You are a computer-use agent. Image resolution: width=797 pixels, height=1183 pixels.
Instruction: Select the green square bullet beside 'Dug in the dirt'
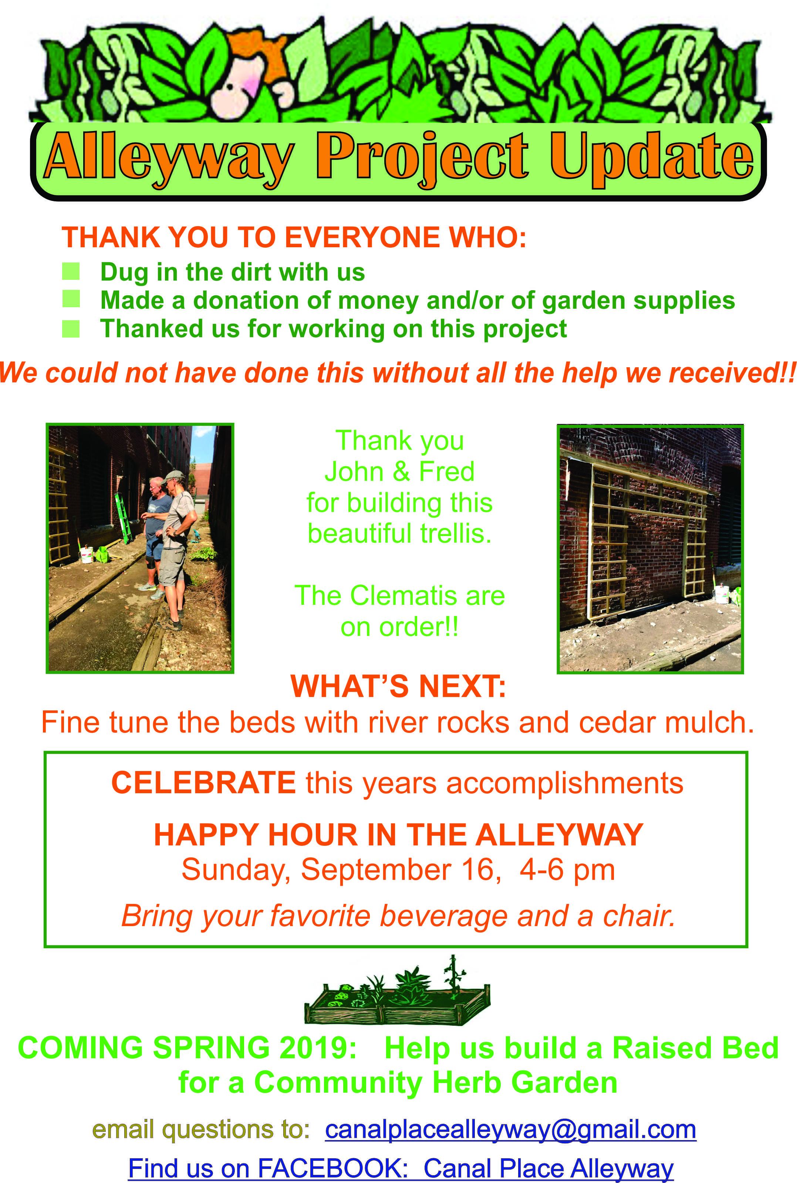(x=71, y=271)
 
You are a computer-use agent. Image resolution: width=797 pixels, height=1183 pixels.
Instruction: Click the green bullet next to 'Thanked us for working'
(x=71, y=329)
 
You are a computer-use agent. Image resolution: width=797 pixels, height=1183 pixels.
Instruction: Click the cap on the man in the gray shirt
(x=174, y=476)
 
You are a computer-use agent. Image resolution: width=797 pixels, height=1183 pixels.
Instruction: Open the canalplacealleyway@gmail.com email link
(x=510, y=1130)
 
